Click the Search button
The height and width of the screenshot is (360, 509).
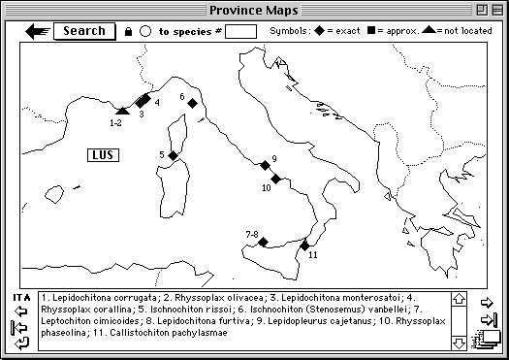84,30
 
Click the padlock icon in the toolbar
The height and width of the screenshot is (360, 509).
128,32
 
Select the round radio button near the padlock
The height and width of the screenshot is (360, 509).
145,31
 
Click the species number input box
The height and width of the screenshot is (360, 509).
240,31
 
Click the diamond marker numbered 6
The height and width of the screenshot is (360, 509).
192,103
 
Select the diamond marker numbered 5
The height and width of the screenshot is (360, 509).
173,155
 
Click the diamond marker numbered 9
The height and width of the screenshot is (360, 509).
265,165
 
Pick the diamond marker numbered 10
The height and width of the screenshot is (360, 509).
275,180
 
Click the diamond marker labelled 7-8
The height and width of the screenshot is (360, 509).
262,243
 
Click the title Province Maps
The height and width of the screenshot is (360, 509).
254,10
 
